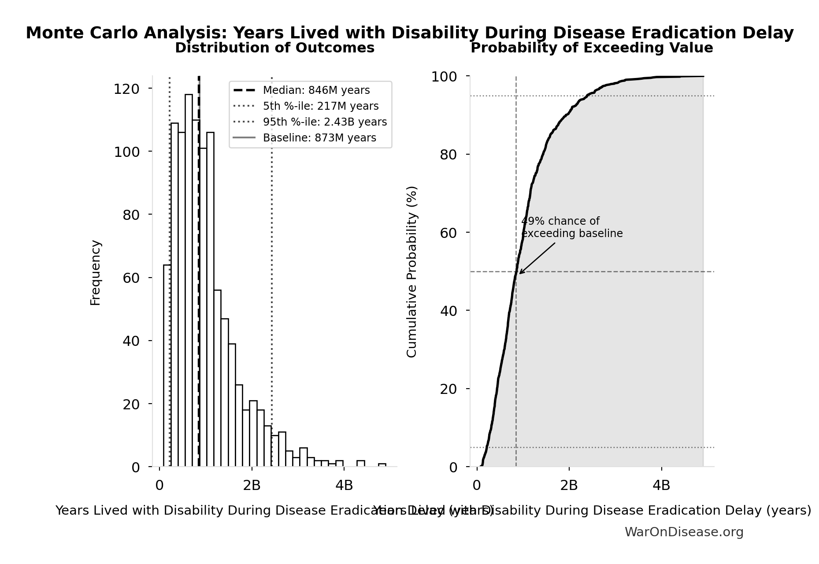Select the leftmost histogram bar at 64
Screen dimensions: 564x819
(x=167, y=366)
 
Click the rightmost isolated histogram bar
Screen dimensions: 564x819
(x=382, y=465)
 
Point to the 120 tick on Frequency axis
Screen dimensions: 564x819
(x=126, y=89)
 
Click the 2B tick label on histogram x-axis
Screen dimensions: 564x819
(x=252, y=485)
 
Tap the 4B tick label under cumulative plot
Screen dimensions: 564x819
(x=661, y=485)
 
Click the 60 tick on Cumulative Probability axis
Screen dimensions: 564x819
(x=448, y=233)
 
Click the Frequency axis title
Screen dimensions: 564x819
(x=96, y=272)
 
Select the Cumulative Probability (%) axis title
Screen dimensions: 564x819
(x=411, y=271)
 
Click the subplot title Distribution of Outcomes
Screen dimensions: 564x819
(x=274, y=48)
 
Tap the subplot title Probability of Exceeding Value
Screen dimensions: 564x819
(x=591, y=48)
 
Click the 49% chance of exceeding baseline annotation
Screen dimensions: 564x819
(x=571, y=227)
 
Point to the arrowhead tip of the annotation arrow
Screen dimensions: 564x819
(x=519, y=274)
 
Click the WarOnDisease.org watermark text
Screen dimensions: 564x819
(x=684, y=532)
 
